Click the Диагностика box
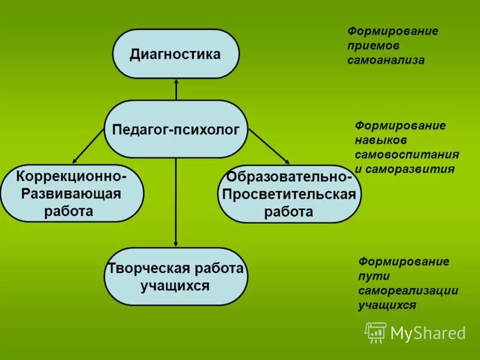tap(176, 54)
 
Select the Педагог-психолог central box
tap(176, 129)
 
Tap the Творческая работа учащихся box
tap(176, 277)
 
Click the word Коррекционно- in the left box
tap(71, 178)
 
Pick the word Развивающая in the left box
tap(71, 194)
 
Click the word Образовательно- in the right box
tap(289, 178)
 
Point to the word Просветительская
tap(289, 194)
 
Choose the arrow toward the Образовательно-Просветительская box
tap(268, 146)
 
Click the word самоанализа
tap(385, 60)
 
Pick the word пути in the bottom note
tap(374, 276)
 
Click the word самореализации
tap(408, 290)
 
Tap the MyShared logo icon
tap(376, 332)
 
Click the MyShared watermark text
tap(428, 333)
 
